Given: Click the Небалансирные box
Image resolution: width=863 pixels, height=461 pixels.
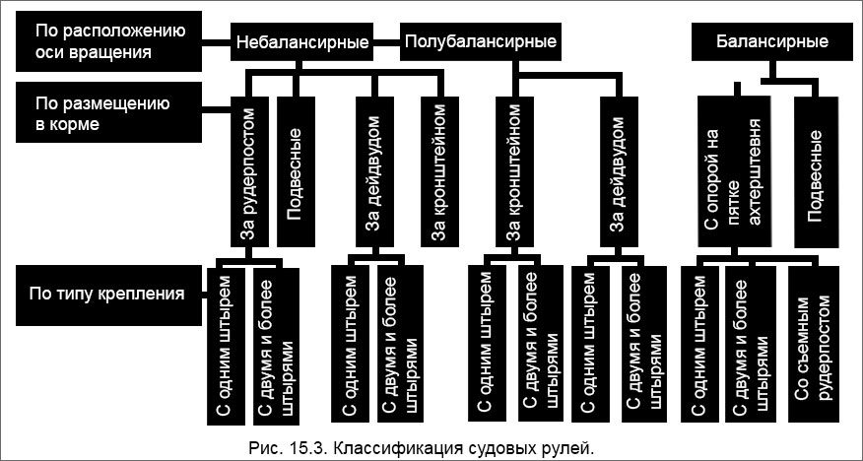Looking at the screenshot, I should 303,43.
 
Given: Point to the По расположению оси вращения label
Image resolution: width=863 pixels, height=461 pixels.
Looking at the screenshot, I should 95,43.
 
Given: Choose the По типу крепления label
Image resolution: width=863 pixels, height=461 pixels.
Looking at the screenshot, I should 106,293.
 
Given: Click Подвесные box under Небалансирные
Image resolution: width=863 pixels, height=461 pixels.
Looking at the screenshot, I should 294,172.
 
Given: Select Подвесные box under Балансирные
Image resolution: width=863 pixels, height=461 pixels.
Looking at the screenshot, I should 815,172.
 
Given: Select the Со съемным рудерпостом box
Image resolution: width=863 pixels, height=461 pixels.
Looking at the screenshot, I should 814,345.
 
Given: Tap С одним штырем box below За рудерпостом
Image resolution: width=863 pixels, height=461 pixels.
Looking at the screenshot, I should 224,345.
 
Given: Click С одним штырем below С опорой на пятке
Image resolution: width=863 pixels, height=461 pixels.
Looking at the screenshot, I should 700,345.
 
